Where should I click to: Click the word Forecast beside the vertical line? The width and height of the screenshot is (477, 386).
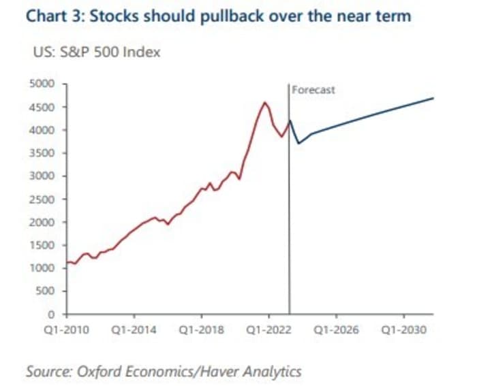[x=313, y=90]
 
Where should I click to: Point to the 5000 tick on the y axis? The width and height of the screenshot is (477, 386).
[x=46, y=84]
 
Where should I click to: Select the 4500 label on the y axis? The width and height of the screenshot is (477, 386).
[x=46, y=107]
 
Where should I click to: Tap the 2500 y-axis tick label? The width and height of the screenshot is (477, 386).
[x=46, y=199]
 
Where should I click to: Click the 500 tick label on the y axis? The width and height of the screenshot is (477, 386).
[x=49, y=291]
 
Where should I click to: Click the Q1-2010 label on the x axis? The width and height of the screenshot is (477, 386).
[x=67, y=330]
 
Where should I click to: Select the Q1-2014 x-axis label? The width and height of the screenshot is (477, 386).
[x=134, y=330]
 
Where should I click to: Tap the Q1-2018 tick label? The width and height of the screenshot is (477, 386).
[x=202, y=330]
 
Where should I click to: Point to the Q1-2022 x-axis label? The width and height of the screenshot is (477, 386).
[x=268, y=330]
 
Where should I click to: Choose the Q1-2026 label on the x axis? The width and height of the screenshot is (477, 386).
[x=336, y=330]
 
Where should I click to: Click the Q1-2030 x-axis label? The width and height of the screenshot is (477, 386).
[x=403, y=330]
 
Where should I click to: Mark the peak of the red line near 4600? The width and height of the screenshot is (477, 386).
[x=264, y=103]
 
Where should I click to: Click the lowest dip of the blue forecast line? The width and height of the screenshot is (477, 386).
[x=298, y=143]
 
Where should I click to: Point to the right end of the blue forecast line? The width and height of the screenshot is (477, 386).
[x=433, y=98]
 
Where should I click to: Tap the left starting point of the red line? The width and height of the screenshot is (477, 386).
[x=67, y=262]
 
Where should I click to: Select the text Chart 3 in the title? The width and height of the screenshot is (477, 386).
[x=48, y=15]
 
